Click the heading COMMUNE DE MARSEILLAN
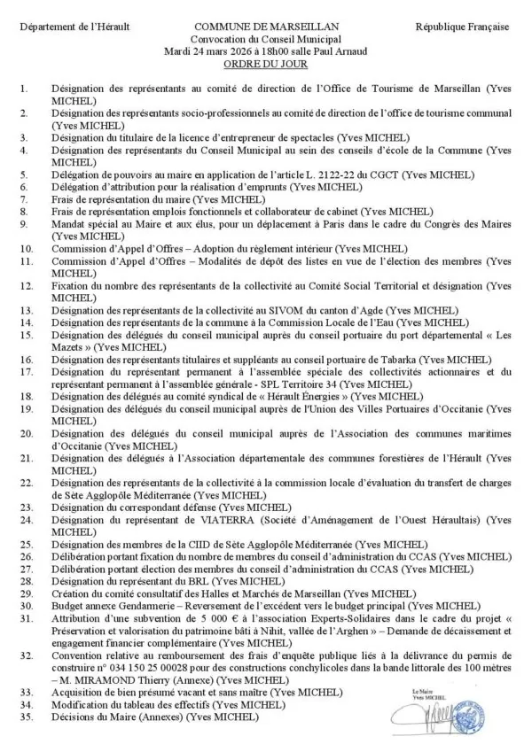[x=265, y=28]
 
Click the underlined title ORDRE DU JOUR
[x=265, y=63]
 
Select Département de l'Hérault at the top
[x=74, y=28]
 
